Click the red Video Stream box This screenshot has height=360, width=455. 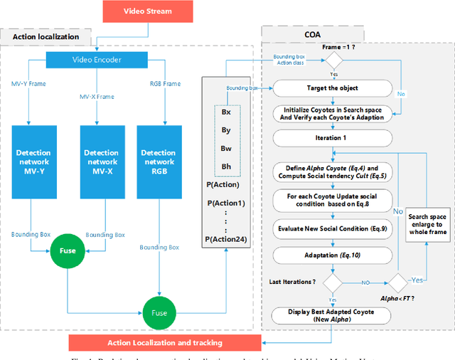146,11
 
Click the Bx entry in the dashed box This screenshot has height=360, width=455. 225,112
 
